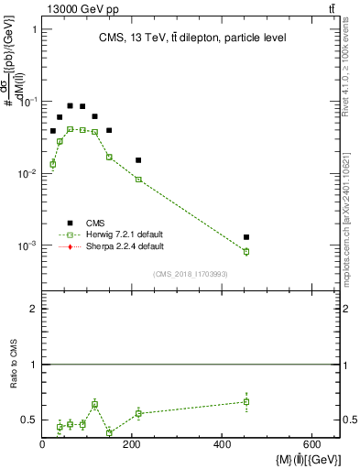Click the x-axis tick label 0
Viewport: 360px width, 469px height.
pyautogui.click(x=42, y=446)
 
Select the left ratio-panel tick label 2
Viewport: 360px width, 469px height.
pyautogui.click(x=34, y=310)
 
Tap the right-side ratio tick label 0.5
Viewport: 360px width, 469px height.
pyautogui.click(x=349, y=420)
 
